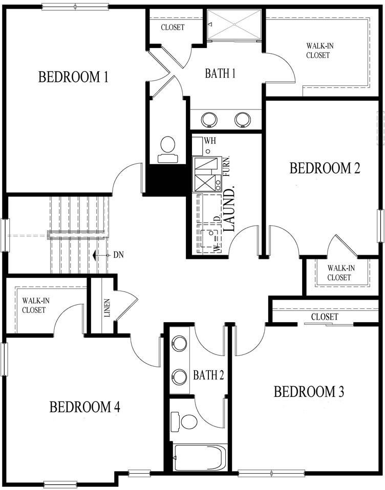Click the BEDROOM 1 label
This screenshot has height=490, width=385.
(73, 77)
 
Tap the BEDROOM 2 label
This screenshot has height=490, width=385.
(325, 168)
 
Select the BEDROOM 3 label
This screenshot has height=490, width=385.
(309, 392)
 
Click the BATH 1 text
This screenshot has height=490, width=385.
(220, 74)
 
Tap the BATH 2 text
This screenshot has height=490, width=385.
(208, 376)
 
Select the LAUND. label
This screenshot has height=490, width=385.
(230, 210)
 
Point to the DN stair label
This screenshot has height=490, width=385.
(118, 255)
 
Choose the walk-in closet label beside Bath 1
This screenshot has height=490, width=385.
(317, 51)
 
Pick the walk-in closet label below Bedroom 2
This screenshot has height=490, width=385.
(339, 273)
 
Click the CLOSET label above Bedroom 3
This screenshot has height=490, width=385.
(324, 317)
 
